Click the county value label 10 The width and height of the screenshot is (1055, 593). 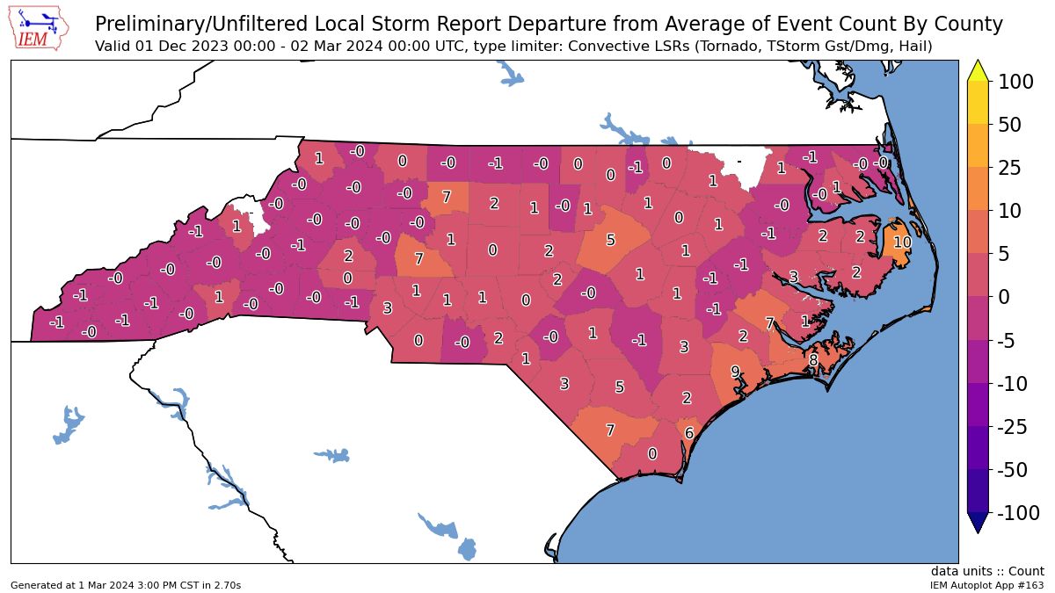point(902,242)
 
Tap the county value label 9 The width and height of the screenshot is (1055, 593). point(735,372)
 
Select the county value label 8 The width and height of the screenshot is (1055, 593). point(813,359)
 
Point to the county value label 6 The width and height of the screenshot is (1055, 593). point(689,433)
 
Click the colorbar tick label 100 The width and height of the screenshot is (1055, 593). point(1017,82)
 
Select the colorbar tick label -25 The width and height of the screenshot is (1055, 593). point(1016,427)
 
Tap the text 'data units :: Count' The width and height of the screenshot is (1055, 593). point(988,571)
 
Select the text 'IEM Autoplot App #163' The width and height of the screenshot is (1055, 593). point(987,584)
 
